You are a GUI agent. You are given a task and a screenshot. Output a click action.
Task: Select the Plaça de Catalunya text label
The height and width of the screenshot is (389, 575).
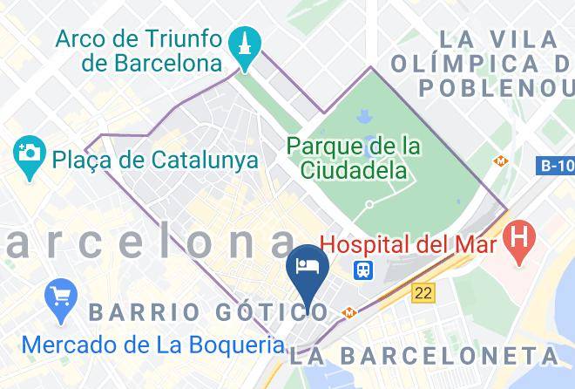pos(154,160)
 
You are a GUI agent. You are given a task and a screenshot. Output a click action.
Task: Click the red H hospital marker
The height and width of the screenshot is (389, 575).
pos(520,239)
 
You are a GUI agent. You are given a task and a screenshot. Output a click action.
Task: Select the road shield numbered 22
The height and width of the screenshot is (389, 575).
pos(423,294)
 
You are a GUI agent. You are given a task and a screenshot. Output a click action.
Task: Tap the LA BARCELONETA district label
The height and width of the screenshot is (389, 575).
pos(425,355)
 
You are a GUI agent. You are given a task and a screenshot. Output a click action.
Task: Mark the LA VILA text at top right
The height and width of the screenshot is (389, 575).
pos(499,39)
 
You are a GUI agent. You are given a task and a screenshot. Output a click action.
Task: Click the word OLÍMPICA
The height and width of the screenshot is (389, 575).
pos(475,64)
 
